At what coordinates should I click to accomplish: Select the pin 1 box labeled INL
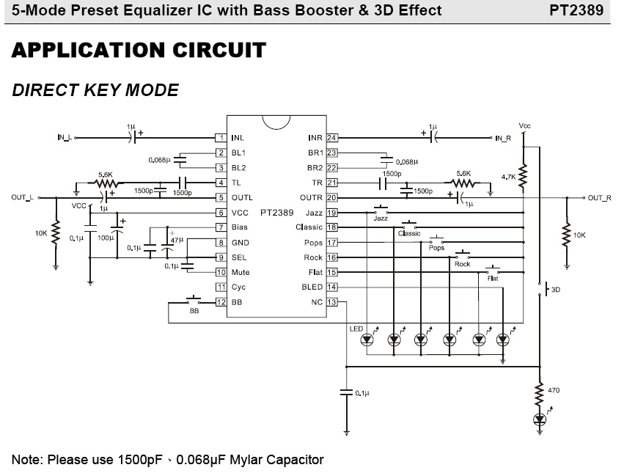220,138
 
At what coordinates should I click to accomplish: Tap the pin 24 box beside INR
332,138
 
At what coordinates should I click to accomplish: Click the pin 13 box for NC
332,302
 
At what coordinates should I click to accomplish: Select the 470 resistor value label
554,390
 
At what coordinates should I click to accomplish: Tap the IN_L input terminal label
64,138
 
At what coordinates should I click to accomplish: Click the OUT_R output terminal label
599,198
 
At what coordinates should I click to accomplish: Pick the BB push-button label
194,311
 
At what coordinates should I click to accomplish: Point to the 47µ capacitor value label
176,240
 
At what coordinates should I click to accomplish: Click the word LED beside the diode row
356,328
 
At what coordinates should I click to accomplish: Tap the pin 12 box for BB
220,302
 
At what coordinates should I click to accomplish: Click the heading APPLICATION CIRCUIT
139,51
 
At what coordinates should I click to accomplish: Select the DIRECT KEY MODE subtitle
95,90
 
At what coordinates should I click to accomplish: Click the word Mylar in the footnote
251,460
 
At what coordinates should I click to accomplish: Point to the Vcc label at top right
524,126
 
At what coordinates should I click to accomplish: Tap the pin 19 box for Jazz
332,213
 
